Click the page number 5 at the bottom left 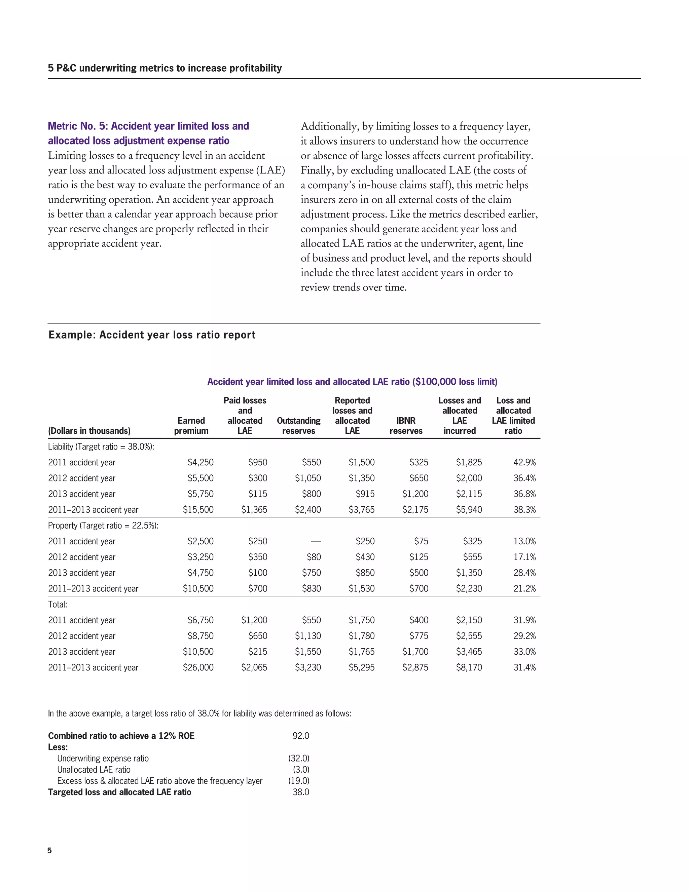tap(50, 850)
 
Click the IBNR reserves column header tap(406, 426)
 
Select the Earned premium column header tap(191, 426)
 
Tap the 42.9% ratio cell tap(524, 462)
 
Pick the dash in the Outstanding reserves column tap(316, 541)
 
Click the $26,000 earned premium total tap(198, 667)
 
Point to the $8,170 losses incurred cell tap(469, 667)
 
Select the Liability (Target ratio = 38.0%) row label tap(101, 447)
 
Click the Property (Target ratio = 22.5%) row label tap(103, 526)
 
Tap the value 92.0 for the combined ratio tap(301, 736)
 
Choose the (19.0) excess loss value tap(299, 780)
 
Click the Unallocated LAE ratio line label tap(94, 769)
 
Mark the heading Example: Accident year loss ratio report tap(152, 335)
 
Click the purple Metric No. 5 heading tap(148, 133)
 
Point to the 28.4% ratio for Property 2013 tap(524, 573)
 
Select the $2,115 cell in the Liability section tap(469, 494)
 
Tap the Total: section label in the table tap(58, 604)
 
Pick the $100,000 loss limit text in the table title tap(455, 382)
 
